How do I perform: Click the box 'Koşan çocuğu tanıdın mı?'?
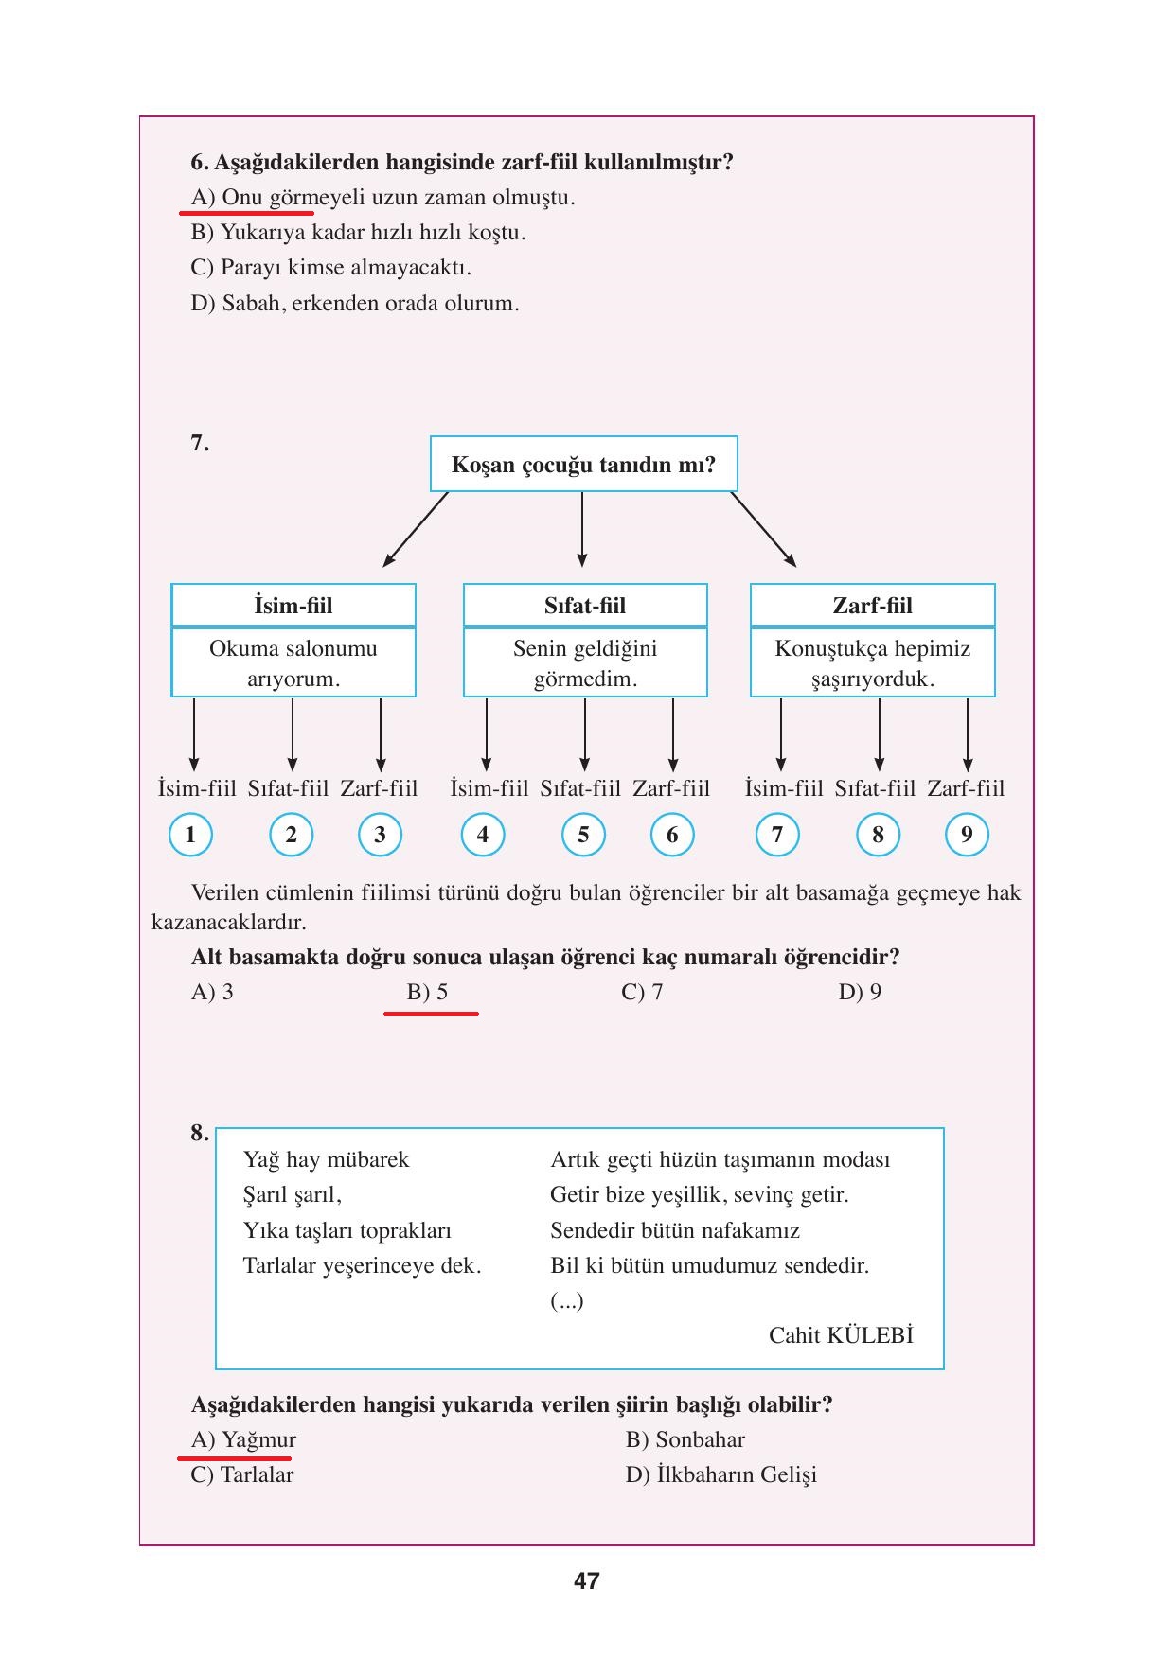click(x=583, y=465)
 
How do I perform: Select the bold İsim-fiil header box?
click(x=293, y=606)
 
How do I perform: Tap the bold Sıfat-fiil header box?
click(x=585, y=606)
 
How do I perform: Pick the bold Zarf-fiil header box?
click(x=872, y=606)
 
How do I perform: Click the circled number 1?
click(x=190, y=835)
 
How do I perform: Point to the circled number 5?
click(x=583, y=835)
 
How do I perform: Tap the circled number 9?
click(x=967, y=835)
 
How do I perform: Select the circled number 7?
click(x=777, y=835)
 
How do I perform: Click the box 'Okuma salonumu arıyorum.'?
click(x=293, y=663)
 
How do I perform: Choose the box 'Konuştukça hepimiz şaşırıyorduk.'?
click(x=872, y=663)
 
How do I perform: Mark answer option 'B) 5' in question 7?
click(x=427, y=992)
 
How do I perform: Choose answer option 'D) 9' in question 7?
click(x=860, y=992)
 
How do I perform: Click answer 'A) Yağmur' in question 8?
click(x=243, y=1439)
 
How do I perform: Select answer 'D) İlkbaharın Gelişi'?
click(x=720, y=1474)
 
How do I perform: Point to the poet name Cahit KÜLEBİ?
click(x=841, y=1335)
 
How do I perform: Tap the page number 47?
click(x=586, y=1581)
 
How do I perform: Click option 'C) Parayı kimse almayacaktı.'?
click(x=330, y=268)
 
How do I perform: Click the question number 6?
click(x=199, y=162)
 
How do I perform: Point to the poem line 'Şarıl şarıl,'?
click(x=292, y=1195)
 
